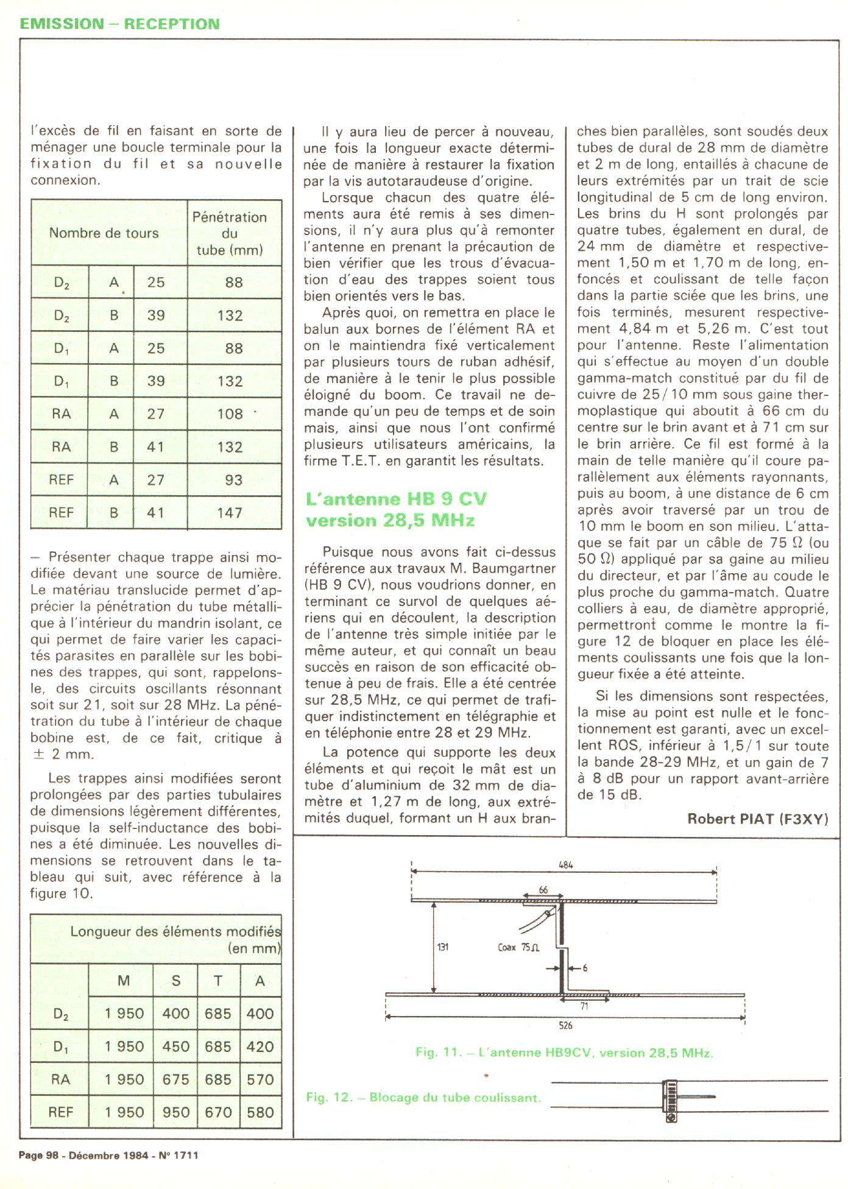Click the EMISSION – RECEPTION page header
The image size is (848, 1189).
119,24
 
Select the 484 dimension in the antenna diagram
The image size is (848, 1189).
565,864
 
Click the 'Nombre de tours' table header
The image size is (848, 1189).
104,233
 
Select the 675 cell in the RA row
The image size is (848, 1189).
175,1079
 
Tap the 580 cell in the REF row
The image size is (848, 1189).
260,1112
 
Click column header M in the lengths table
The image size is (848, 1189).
124,981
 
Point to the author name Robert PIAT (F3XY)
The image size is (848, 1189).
757,819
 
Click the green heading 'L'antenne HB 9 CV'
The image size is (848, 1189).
396,499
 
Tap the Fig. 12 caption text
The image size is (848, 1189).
423,1098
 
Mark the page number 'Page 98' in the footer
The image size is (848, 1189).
40,1155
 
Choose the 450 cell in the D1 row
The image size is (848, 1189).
175,1046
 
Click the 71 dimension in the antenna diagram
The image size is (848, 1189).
584,1006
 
